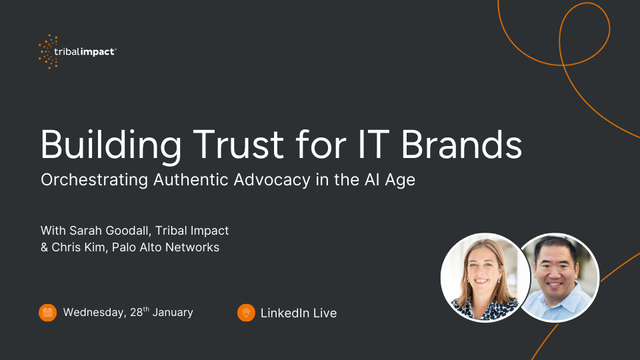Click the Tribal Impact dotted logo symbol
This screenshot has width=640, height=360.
click(49, 52)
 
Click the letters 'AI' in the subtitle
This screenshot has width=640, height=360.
click(374, 181)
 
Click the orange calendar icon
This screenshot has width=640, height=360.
click(48, 313)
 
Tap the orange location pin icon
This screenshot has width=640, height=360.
click(246, 313)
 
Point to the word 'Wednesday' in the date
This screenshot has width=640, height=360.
click(92, 313)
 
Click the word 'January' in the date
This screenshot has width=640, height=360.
click(172, 313)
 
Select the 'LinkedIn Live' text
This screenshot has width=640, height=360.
click(299, 313)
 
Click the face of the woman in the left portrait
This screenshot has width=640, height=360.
click(483, 270)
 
